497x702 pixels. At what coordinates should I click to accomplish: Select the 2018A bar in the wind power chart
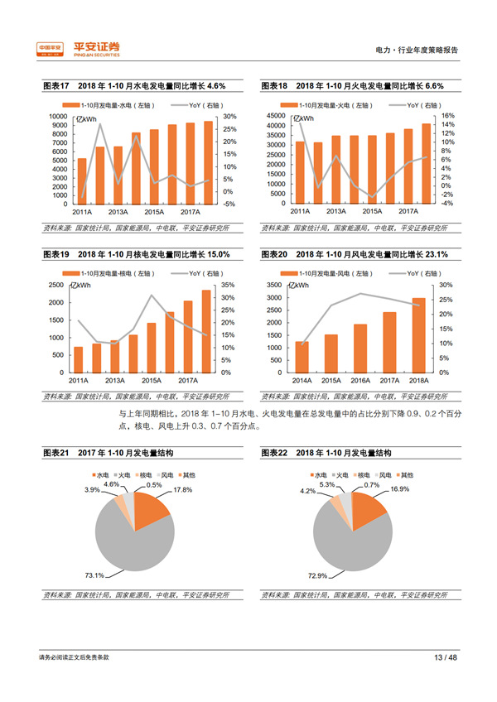[418, 334]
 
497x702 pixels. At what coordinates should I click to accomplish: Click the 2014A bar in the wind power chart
[302, 356]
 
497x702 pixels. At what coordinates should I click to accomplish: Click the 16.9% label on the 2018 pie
[400, 490]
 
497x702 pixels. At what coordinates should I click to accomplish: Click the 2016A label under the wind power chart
[359, 380]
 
